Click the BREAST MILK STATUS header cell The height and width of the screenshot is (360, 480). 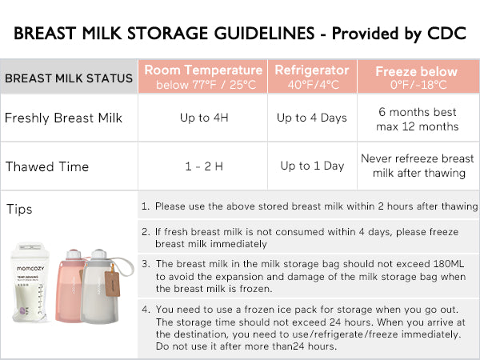tap(69, 78)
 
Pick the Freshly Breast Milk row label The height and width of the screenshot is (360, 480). tap(64, 118)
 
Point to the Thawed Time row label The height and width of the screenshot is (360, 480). tap(46, 166)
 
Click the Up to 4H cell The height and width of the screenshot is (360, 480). tap(202, 118)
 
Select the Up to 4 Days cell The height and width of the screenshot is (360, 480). tap(312, 118)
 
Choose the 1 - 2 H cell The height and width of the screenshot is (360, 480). tap(202, 166)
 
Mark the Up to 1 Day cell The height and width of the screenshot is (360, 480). tap(312, 166)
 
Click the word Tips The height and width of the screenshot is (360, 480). tap(20, 210)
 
